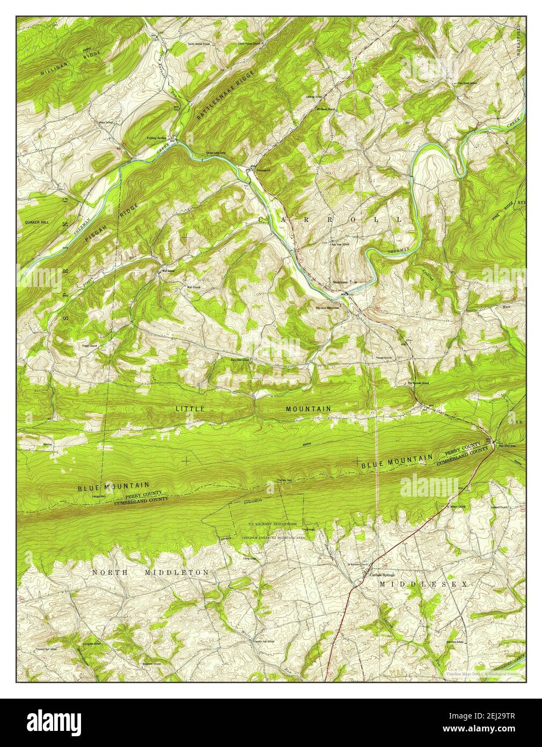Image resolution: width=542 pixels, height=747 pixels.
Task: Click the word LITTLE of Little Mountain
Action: [190, 409]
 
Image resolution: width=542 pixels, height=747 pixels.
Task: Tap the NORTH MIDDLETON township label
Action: [150, 573]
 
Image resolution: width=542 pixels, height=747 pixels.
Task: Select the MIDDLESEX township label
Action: [424, 583]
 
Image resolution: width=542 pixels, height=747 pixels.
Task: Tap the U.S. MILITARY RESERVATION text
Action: [272, 524]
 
